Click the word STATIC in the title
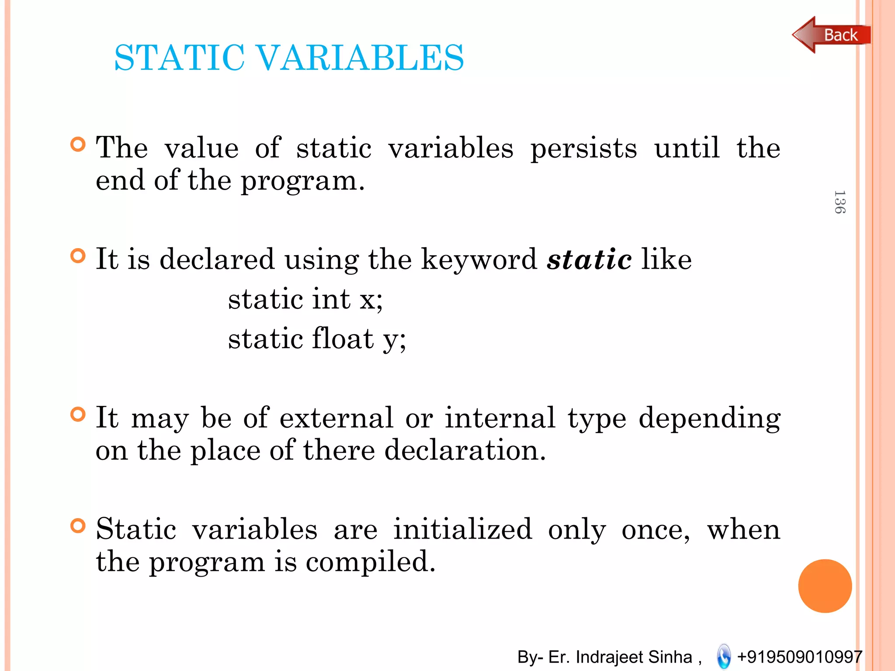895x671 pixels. tap(179, 58)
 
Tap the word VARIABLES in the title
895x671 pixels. tap(359, 58)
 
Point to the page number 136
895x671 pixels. tap(839, 202)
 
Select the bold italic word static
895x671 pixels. tap(589, 259)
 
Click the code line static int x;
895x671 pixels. tap(305, 300)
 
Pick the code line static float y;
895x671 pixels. tap(317, 339)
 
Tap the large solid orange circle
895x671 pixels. tap(825, 586)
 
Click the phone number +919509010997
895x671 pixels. tap(799, 657)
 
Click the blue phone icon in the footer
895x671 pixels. tap(724, 656)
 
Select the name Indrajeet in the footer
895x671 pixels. tap(611, 657)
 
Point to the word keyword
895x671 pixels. tap(479, 259)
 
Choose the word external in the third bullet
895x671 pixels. tap(336, 418)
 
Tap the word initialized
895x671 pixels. tap(462, 529)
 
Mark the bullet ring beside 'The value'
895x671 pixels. tap(78, 145)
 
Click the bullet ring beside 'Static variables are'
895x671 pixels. tap(78, 526)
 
